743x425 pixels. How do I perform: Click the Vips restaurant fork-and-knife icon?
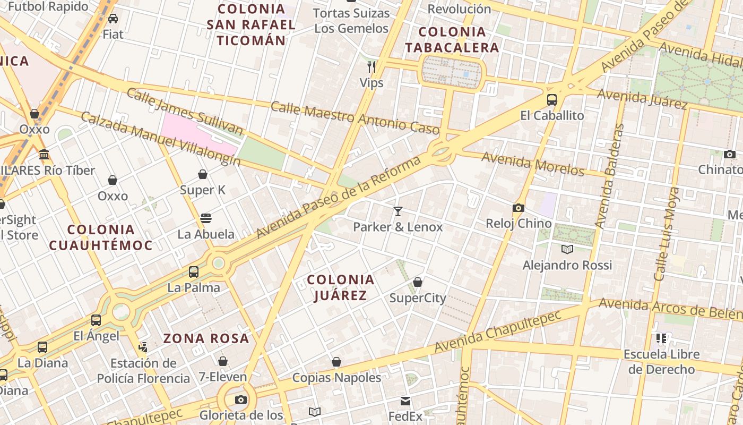point(371,66)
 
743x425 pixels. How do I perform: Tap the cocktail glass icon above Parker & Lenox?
point(398,211)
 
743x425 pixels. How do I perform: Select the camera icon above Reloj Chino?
point(519,208)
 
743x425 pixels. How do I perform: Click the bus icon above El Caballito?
point(552,99)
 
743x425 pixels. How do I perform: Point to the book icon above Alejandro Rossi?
point(567,249)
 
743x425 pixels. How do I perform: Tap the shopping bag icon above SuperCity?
point(418,282)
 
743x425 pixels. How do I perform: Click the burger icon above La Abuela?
point(206,218)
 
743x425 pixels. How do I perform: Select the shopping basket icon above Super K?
point(203,174)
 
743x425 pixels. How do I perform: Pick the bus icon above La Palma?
point(194,272)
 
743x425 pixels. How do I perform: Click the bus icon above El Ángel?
point(96,320)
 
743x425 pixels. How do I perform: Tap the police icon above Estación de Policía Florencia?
point(143,347)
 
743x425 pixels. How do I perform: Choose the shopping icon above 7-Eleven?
point(223,361)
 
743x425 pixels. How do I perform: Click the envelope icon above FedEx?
point(405,401)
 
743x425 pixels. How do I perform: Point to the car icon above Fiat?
point(113,19)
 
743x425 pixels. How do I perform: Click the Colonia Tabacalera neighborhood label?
point(452,40)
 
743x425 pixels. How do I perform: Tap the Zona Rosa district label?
point(206,338)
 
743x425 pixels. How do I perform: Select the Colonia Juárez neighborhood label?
point(341,287)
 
